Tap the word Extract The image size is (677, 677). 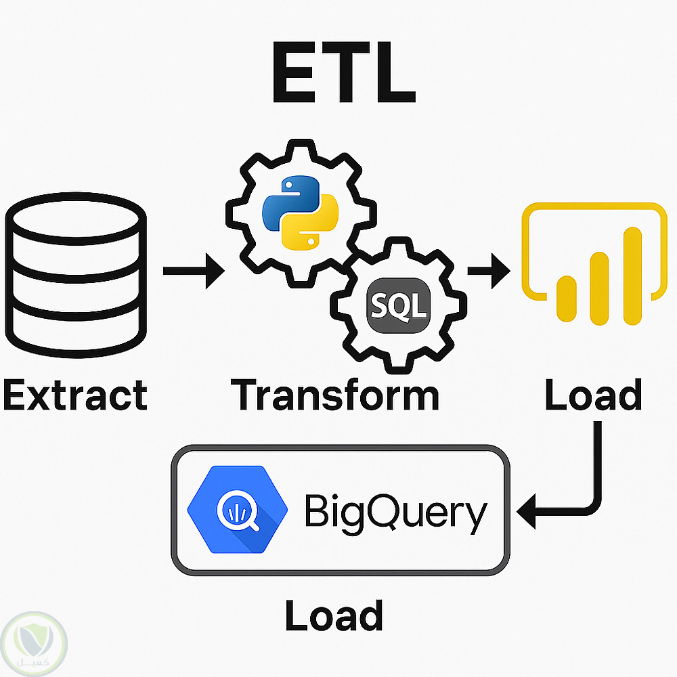(74, 395)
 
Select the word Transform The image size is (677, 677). (335, 395)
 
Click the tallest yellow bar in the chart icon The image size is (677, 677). (632, 275)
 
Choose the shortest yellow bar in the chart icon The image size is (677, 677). (566, 301)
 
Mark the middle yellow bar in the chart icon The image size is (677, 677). (599, 288)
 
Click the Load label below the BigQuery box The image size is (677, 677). (334, 615)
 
